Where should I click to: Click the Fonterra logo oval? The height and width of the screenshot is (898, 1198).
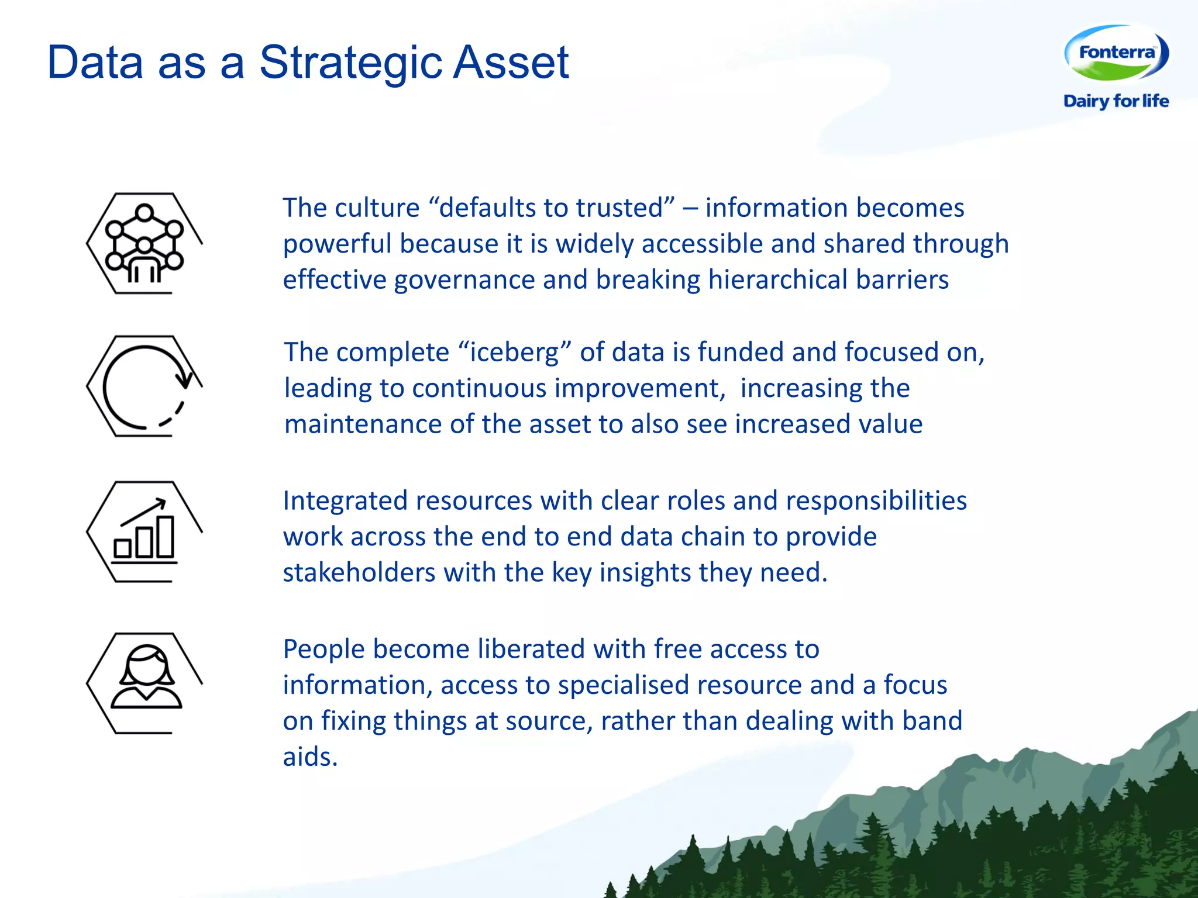[1116, 53]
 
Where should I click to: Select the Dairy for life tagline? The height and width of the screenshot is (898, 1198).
[1116, 101]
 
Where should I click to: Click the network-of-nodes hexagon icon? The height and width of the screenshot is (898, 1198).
[144, 243]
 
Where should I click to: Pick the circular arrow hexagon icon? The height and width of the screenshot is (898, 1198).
[144, 386]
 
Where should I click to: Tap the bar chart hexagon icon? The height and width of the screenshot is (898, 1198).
[144, 531]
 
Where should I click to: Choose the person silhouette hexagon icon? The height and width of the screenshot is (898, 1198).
[144, 683]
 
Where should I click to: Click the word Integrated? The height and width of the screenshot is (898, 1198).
[345, 502]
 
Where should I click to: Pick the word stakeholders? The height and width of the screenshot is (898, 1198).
[359, 573]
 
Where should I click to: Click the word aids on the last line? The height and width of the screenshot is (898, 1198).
[309, 757]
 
